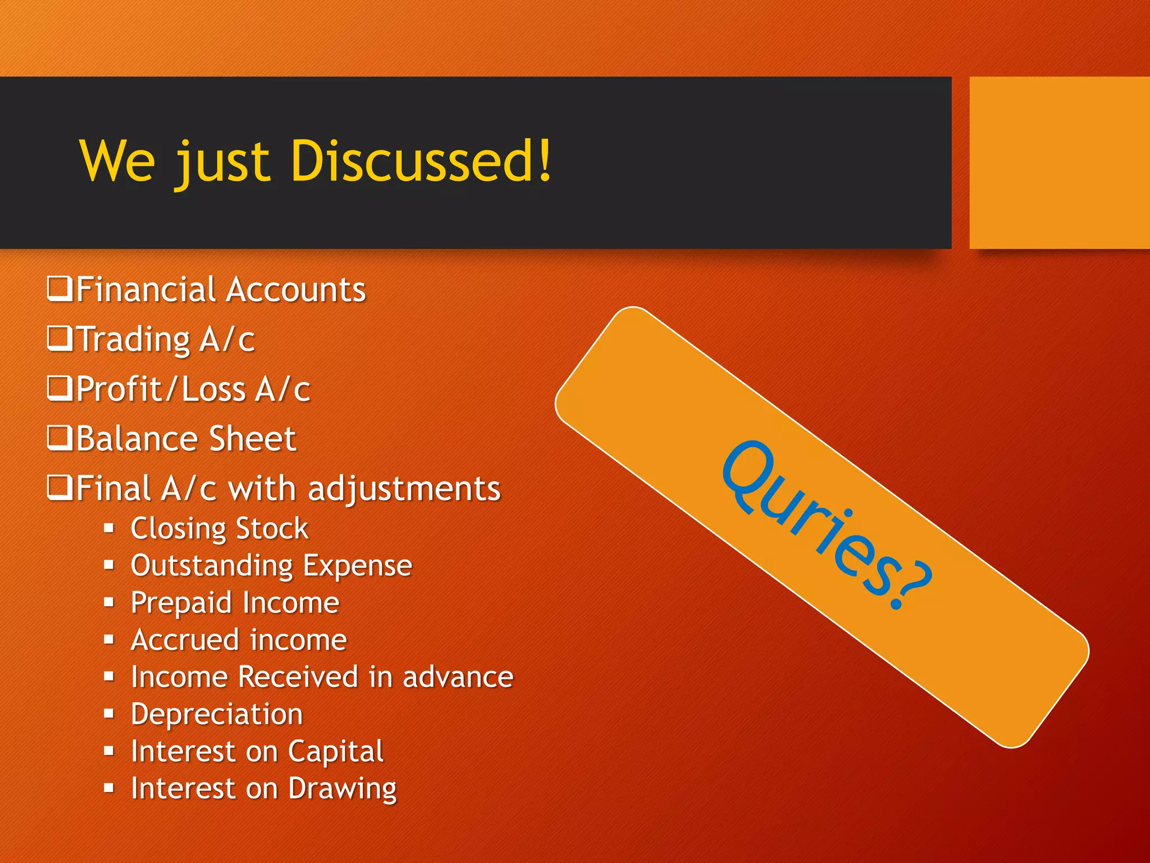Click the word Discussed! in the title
tap(421, 161)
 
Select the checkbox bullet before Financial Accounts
tap(59, 289)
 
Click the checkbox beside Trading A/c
tap(59, 338)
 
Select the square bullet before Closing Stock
tap(109, 528)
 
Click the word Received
tap(298, 676)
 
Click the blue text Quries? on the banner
tap(825, 525)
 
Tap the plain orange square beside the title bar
tap(1059, 162)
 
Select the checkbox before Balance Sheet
tap(59, 438)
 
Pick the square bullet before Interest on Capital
tap(109, 751)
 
